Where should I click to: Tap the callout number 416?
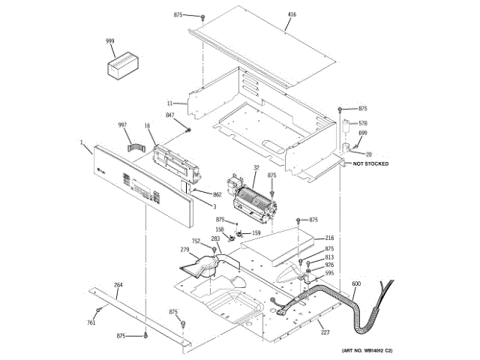point(292,14)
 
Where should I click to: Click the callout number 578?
point(363,123)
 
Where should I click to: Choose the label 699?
point(363,133)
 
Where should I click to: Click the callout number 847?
point(170,115)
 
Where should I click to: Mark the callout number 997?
point(122,124)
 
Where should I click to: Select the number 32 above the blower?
point(256,168)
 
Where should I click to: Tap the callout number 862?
point(217,194)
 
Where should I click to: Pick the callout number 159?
point(256,233)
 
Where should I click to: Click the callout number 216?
point(329,238)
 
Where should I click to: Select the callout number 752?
point(196,241)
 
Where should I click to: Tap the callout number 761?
point(91,322)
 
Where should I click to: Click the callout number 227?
point(325,332)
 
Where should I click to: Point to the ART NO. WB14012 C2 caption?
point(368,350)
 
